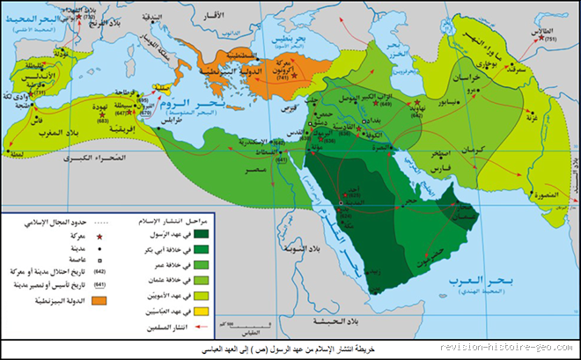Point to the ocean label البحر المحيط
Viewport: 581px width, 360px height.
tap(48, 16)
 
